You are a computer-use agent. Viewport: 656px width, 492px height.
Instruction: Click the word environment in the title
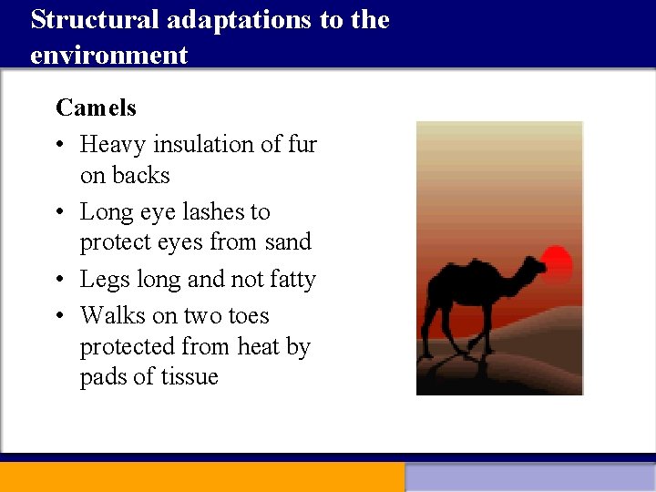pyautogui.click(x=108, y=55)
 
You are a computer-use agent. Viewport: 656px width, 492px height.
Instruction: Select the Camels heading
pyautogui.click(x=96, y=108)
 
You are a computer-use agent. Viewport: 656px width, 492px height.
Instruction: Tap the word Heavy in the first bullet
pyautogui.click(x=113, y=145)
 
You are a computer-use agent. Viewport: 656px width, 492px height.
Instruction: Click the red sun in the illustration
pyautogui.click(x=555, y=264)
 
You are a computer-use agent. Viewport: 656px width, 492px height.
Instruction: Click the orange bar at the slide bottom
pyautogui.click(x=201, y=477)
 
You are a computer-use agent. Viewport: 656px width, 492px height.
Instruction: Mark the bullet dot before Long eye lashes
pyautogui.click(x=61, y=213)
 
